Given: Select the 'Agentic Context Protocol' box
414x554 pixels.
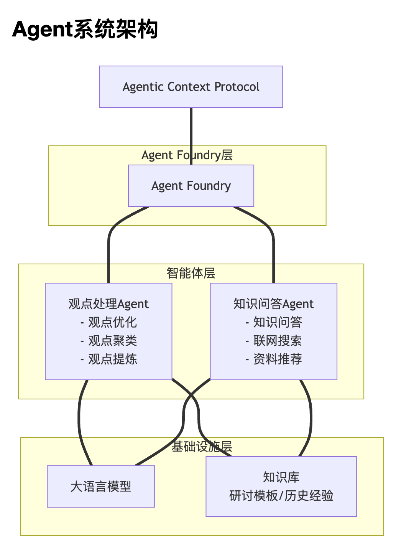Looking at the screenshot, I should point(191,87).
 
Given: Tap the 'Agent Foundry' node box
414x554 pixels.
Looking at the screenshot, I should point(191,186).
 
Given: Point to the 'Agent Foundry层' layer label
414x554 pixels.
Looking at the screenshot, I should point(187,155).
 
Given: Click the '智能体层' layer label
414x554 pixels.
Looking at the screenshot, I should point(191,273).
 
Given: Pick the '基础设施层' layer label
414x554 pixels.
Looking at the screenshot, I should point(202,447).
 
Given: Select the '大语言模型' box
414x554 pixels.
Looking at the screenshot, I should point(101,486).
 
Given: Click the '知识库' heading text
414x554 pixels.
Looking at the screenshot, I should point(281,477).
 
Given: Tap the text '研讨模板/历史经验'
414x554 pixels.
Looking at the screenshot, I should point(281,496).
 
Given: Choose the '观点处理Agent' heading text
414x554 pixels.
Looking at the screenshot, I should point(108,304).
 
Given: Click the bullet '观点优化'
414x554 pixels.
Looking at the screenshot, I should point(112,322).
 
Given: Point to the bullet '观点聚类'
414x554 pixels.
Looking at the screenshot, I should point(112,341).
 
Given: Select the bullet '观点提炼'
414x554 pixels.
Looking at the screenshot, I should point(112,359).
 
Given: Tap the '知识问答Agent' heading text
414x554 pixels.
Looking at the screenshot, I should point(273,304).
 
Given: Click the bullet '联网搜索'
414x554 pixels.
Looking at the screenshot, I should point(278,341).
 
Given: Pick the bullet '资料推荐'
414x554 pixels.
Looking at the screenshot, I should point(278,359).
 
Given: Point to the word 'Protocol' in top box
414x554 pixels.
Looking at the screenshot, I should point(237,87).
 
